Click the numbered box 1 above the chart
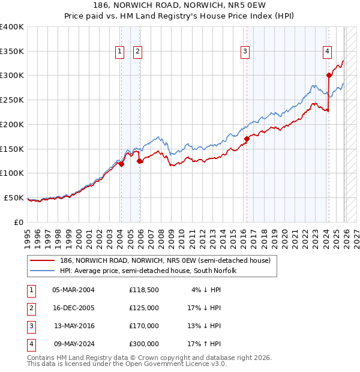pos(120,52)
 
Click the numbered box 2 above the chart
pos(137,52)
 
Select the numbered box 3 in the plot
pos(245,52)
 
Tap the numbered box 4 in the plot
pos(327,52)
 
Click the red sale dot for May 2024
pos(329,75)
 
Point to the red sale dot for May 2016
pos(247,139)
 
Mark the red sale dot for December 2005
pos(139,161)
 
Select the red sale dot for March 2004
pos(121,164)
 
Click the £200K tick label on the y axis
pos(11,124)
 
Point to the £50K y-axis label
pos(13,197)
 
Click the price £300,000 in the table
pos(144,344)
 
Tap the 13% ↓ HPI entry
pos(204,326)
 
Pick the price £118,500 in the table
pos(144,290)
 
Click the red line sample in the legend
pos(43,260)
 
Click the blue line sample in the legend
pos(43,271)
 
